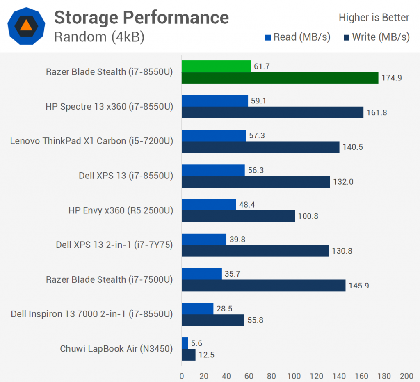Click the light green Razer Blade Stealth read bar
pyautogui.click(x=216, y=66)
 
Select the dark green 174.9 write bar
pyautogui.click(x=280, y=78)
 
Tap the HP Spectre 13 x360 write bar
pyautogui.click(x=272, y=112)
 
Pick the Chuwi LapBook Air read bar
pyautogui.click(x=185, y=343)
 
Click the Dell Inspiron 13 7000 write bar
pyautogui.click(x=213, y=320)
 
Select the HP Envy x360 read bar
pyautogui.click(x=209, y=205)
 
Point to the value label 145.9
pyautogui.click(x=358, y=286)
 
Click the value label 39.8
pyautogui.click(x=237, y=239)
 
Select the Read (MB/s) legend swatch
pyautogui.click(x=269, y=38)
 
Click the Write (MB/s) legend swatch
pyautogui.click(x=347, y=38)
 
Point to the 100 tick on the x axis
pyautogui.click(x=294, y=375)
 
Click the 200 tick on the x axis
pyautogui.click(x=406, y=375)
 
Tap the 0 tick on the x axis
pyautogui.click(x=182, y=375)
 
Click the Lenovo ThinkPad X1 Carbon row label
pyautogui.click(x=91, y=141)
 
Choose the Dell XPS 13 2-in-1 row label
pyautogui.click(x=114, y=245)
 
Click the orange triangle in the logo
pyautogui.click(x=26, y=25)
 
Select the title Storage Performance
pyautogui.click(x=142, y=17)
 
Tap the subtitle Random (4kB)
pyautogui.click(x=99, y=37)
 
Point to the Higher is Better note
pyautogui.click(x=374, y=18)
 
